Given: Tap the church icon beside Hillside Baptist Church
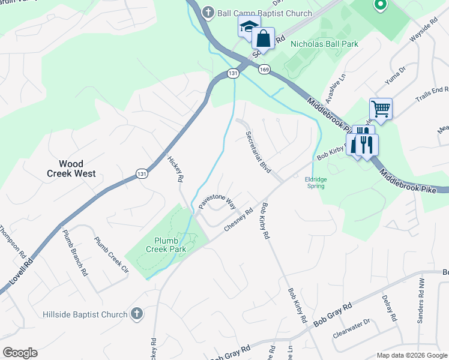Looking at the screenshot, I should [x=137, y=314].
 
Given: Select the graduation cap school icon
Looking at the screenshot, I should [x=249, y=26].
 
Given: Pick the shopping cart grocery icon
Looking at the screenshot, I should [x=381, y=109].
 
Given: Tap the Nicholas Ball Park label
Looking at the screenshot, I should [x=324, y=44].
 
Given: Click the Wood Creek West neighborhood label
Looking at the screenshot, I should [x=71, y=169].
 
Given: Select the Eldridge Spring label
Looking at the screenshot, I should [x=319, y=182].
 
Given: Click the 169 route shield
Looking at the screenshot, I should [x=264, y=70].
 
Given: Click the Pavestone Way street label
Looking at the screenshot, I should [x=217, y=197].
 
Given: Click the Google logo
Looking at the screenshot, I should [x=20, y=353].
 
